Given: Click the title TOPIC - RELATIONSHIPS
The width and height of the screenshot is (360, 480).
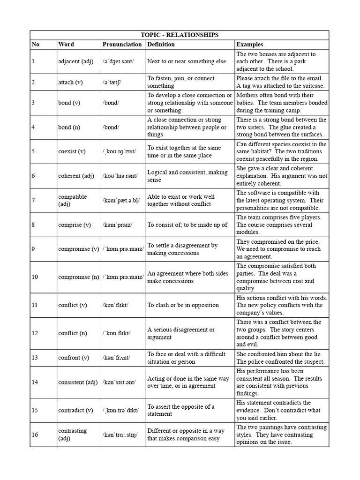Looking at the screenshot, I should tap(180, 35).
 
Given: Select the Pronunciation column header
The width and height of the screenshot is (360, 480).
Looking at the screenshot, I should tap(122, 45).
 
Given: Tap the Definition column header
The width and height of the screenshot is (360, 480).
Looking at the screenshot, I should tap(161, 45).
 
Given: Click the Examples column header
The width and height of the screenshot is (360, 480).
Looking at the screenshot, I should tap(250, 45).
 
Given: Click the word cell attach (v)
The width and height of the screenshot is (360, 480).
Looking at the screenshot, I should tap(73, 82).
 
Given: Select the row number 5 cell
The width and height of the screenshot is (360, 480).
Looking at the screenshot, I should tap(33, 151).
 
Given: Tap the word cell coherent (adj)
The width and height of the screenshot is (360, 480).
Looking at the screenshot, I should tap(77, 176).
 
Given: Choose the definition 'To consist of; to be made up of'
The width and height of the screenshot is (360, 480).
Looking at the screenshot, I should tap(187, 225).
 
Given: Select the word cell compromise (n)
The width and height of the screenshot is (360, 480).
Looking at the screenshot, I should tap(79, 277).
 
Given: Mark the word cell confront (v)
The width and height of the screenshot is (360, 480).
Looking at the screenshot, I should tap(74, 358).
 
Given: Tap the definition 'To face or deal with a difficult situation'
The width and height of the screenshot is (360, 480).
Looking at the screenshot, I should tap(187, 358).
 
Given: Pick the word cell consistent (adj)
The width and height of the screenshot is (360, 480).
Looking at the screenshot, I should tap(78, 382).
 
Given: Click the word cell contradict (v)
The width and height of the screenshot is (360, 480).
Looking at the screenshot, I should tap(76, 410).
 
